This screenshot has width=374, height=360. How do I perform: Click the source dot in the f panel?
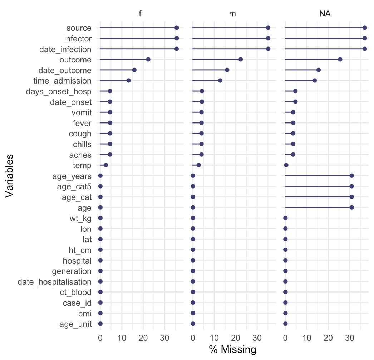(x=177, y=28)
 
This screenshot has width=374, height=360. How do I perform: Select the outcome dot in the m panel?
(x=241, y=59)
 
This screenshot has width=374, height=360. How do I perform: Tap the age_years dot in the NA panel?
(x=351, y=176)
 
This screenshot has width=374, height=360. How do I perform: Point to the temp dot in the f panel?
(x=106, y=165)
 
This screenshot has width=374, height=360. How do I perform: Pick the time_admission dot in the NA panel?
(x=315, y=80)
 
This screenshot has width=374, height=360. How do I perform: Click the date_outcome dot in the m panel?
(x=227, y=70)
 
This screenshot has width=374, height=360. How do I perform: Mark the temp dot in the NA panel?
(x=286, y=165)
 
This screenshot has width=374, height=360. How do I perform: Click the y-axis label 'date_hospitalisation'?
(x=54, y=281)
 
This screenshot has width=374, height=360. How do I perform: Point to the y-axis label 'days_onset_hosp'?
(x=59, y=91)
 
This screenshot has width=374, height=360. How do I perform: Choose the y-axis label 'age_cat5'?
(x=74, y=186)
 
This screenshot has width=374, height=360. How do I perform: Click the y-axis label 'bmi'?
(x=85, y=313)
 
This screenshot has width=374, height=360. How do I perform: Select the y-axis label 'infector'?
(x=78, y=38)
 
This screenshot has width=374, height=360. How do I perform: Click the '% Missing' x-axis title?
(x=233, y=349)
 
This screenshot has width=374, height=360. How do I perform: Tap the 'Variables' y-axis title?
(x=10, y=175)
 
